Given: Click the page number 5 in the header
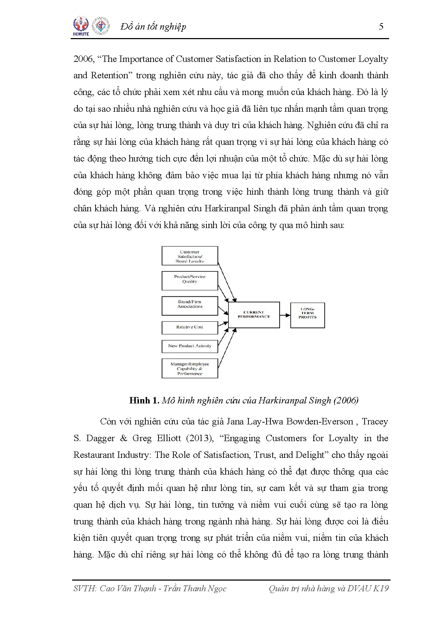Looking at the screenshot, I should (381, 26).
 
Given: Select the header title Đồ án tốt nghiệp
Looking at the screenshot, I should (153, 27).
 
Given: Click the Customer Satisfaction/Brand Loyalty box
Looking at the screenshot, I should (190, 256).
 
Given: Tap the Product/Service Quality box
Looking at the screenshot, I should (190, 281).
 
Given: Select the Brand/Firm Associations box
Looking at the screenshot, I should (190, 306).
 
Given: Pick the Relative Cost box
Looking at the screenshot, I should (190, 327).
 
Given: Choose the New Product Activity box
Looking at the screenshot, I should (190, 346).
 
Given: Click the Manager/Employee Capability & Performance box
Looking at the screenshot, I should (190, 369).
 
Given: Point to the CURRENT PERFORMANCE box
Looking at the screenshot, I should (254, 315).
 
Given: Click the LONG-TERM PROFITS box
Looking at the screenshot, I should (307, 315).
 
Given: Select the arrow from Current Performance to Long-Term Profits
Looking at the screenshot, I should (285, 315).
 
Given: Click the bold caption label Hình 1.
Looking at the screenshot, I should (144, 401).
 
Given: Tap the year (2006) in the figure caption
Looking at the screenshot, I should (346, 401).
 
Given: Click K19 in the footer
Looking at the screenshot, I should (381, 588).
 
